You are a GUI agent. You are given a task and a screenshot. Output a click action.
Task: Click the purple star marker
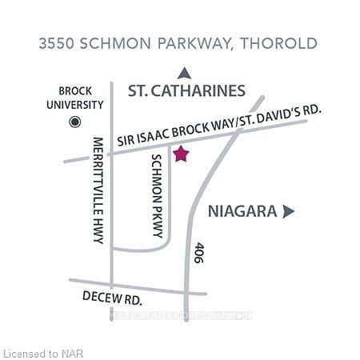coord(181,154)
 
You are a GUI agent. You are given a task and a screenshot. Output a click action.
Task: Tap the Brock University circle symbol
coord(76,122)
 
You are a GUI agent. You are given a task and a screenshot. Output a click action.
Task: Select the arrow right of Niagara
coord(289,211)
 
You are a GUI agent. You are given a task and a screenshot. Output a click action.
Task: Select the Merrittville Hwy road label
coord(98,189)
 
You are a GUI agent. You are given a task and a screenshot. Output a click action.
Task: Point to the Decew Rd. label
coord(112,297)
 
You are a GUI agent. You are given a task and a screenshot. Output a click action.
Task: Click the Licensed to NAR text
coord(42,352)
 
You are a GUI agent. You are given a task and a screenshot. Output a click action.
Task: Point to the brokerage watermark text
coord(182,315)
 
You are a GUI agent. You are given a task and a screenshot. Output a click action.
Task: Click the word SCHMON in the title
coord(115,43)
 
